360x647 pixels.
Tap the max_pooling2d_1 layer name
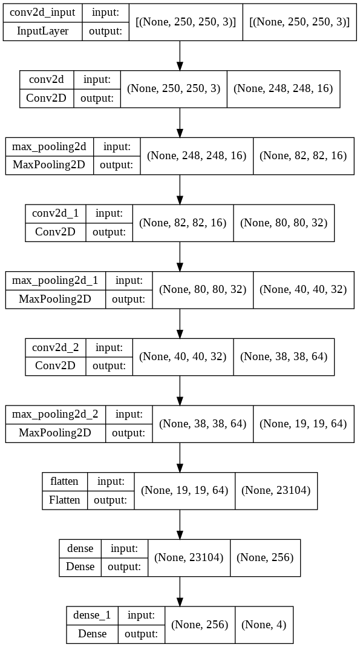coord(56,280)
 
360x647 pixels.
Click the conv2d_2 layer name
coord(56,347)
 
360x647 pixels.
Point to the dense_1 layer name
coord(92,615)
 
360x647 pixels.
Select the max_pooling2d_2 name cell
coord(56,415)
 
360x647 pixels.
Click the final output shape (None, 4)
coord(264,624)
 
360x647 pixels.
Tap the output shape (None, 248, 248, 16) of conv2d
coord(283,89)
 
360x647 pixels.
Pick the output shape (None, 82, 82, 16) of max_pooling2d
coord(303,156)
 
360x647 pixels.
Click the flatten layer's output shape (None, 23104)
coord(275,490)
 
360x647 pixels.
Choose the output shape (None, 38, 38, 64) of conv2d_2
coord(284,356)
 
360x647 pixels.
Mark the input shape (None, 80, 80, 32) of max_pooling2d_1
coord(203,289)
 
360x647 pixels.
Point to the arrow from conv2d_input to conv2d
coord(180,55)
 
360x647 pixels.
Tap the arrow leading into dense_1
coord(180,590)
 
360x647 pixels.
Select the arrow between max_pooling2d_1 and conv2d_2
coord(180,323)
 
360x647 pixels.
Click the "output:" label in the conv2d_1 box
coord(110,232)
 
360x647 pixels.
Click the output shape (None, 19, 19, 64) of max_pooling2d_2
coord(303,424)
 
